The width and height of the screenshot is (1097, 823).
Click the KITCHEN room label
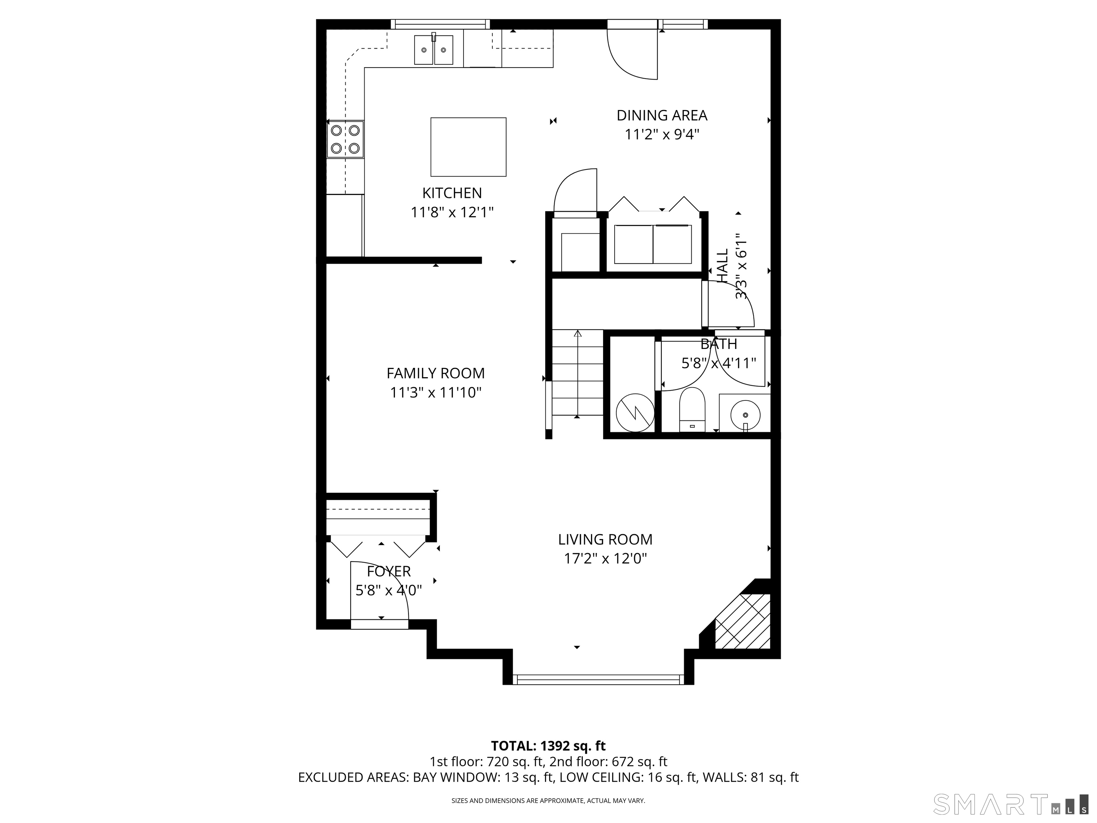pos(452,193)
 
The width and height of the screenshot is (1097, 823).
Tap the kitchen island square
pos(468,147)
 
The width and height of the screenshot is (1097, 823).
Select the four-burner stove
pos(345,139)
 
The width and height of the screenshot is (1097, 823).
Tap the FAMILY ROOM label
pos(435,373)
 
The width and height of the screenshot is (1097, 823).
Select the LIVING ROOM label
pos(605,539)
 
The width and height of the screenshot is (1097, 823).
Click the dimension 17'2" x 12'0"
pos(605,559)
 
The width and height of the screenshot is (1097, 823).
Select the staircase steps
pos(577,373)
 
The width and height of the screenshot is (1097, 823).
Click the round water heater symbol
pos(635,412)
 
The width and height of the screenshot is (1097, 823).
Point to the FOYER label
pos(389,572)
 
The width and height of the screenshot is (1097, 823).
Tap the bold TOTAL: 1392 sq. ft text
pos(548,745)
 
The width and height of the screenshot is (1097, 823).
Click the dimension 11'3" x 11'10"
pos(435,393)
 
